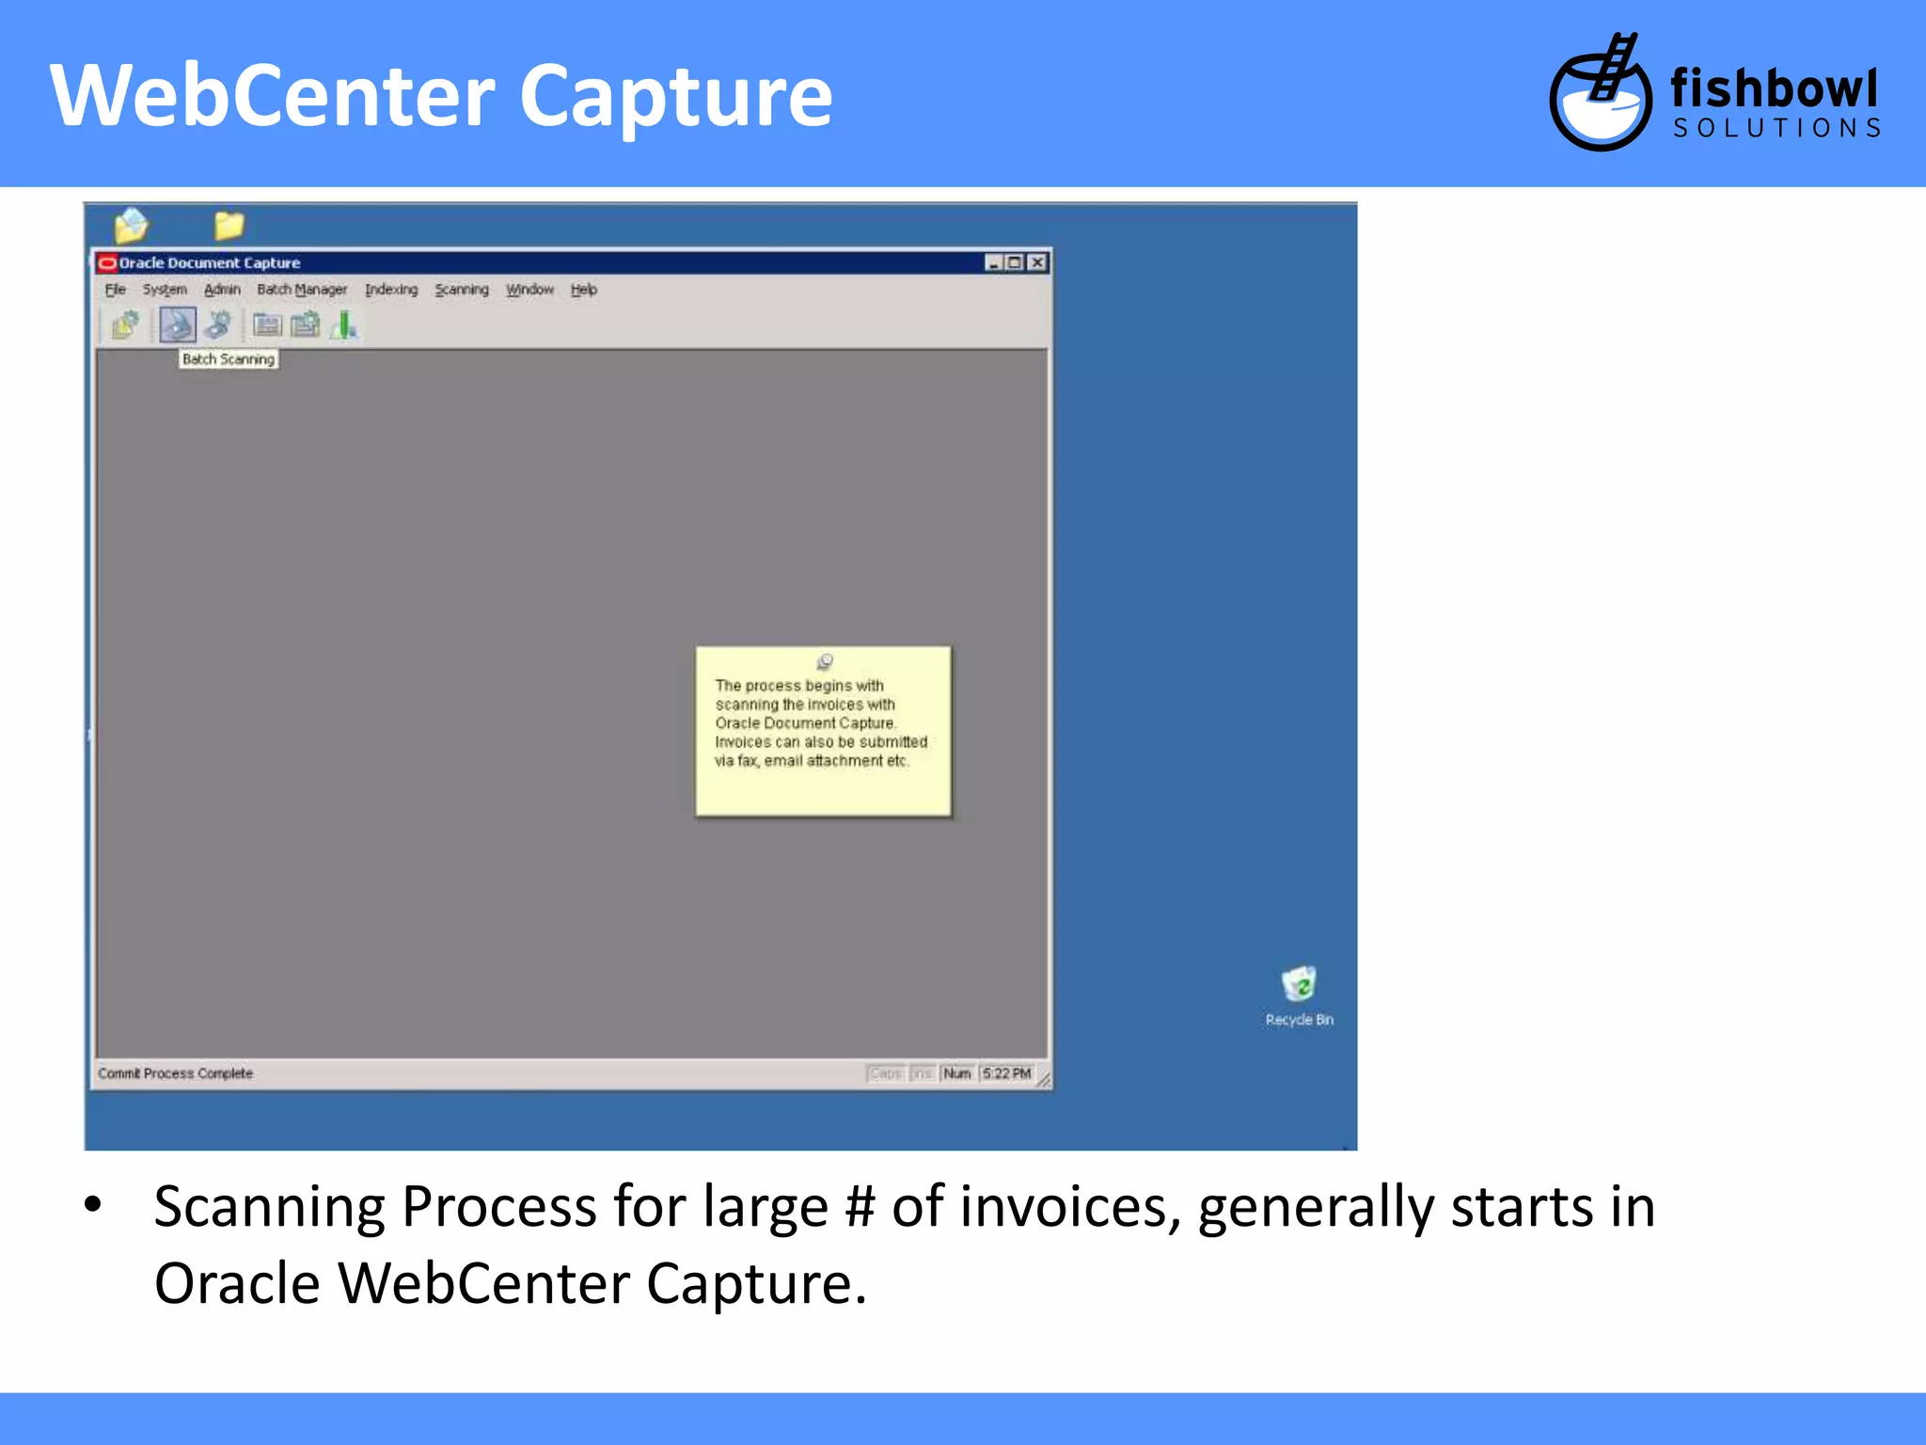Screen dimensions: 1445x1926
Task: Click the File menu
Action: point(115,290)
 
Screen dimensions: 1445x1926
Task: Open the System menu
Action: point(165,290)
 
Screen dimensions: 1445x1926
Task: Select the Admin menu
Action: point(222,290)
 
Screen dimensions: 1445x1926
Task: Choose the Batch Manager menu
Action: point(302,290)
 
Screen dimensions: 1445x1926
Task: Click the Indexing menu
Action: point(391,290)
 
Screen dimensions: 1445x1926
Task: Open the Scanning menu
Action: point(462,290)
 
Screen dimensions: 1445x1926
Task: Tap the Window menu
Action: point(530,290)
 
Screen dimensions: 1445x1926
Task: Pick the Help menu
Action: point(584,290)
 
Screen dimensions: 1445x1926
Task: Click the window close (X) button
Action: point(1036,262)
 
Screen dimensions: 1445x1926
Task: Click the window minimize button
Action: point(993,262)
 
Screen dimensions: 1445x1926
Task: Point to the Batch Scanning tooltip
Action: point(229,359)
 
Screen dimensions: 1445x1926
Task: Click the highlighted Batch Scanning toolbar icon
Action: point(178,326)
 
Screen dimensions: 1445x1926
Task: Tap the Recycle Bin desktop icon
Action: point(1299,986)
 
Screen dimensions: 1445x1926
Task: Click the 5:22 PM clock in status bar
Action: point(1007,1073)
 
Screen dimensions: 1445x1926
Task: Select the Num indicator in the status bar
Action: point(957,1073)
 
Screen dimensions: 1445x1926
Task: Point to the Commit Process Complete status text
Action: point(176,1073)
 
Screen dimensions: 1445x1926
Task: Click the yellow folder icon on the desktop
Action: point(229,226)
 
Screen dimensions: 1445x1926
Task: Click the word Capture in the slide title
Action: point(676,96)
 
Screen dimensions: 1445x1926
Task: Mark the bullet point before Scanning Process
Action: point(92,1204)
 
